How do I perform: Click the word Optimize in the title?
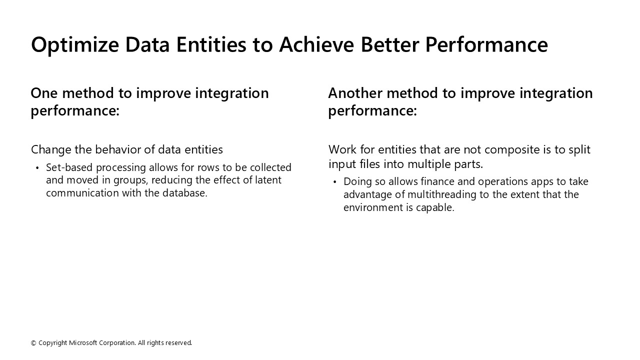[74, 45]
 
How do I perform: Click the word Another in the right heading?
[354, 93]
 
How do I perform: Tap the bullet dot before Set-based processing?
[37, 168]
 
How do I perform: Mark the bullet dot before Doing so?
[334, 182]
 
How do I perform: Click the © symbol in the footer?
[33, 343]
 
